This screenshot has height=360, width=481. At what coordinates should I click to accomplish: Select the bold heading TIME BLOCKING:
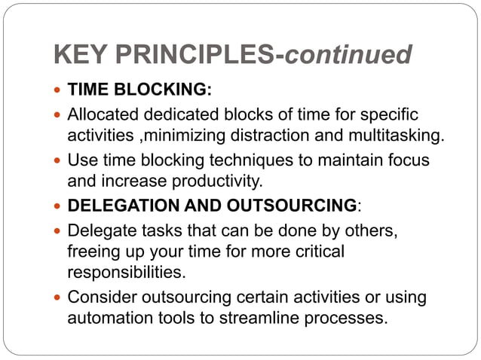(x=139, y=91)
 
